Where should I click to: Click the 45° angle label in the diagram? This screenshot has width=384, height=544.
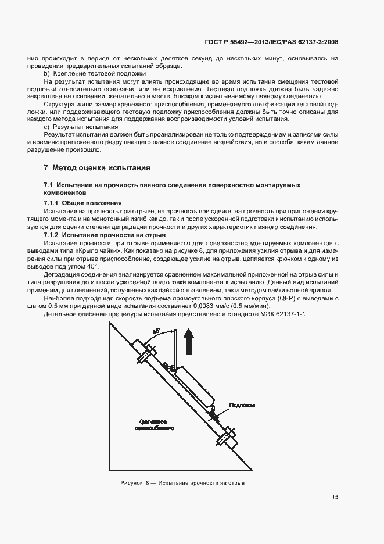[x=157, y=331]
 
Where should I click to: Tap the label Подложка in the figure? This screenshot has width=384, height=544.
[x=242, y=405]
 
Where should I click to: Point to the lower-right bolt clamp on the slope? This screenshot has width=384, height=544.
[x=226, y=436]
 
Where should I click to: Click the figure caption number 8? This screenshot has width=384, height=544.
[x=148, y=483]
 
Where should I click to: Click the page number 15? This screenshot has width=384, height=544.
[x=335, y=496]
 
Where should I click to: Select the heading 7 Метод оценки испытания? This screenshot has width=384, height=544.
[x=97, y=168]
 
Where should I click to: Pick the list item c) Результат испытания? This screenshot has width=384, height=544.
[x=81, y=126]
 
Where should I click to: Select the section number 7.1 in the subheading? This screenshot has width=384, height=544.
[x=48, y=184]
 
